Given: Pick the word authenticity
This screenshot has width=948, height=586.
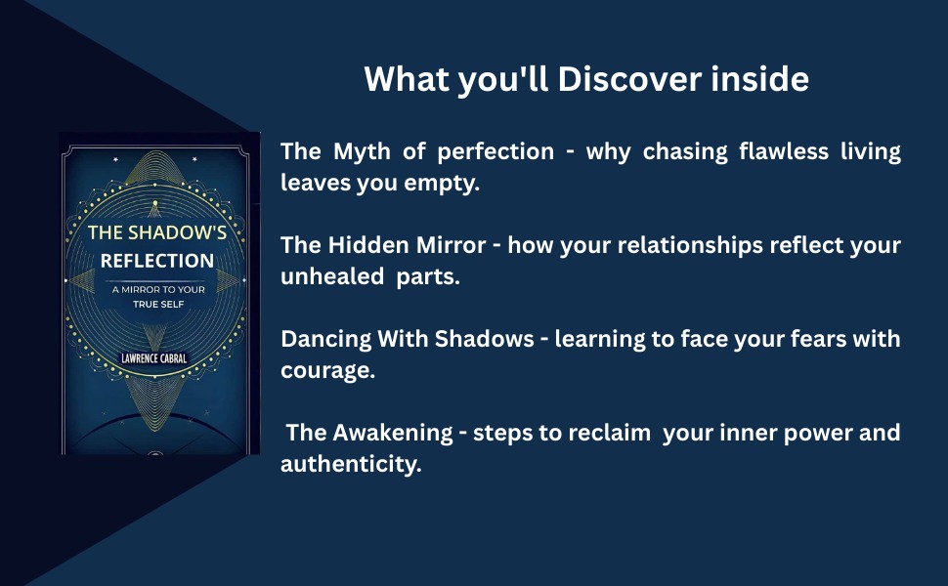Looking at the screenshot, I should [x=350, y=464].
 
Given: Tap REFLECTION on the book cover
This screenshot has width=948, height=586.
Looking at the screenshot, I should [x=156, y=261].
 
